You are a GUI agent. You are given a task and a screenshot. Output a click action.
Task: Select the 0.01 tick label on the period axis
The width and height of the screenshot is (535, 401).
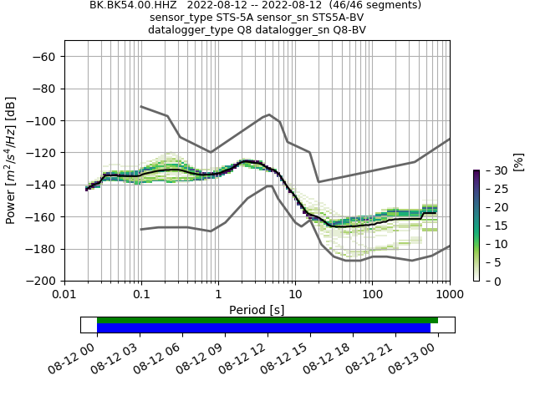click(x=64, y=295)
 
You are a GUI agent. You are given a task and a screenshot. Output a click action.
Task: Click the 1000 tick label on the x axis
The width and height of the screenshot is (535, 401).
click(x=450, y=295)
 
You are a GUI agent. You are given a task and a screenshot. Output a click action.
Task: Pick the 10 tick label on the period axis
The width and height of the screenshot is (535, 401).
click(x=295, y=295)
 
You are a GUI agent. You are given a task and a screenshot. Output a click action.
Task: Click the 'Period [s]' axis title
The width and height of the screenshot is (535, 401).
click(x=257, y=310)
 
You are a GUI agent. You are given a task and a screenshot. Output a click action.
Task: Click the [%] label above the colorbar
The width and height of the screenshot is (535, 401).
click(x=518, y=161)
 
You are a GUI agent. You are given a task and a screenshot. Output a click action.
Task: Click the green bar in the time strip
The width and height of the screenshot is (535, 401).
click(x=267, y=320)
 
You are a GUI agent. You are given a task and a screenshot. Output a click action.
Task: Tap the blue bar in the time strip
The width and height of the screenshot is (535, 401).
click(x=263, y=328)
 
